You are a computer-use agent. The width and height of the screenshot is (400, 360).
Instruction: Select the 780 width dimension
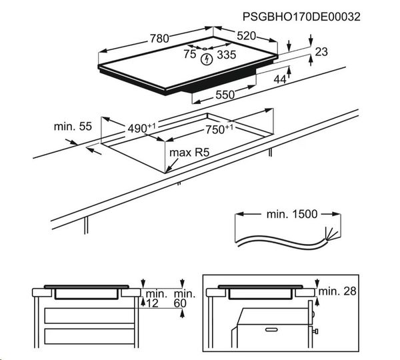(x=159, y=39)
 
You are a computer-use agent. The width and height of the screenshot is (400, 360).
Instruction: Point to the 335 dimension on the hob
(x=227, y=55)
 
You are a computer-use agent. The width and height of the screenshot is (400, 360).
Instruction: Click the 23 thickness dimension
(x=322, y=52)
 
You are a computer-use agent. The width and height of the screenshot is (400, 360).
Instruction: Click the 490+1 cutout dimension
(x=142, y=127)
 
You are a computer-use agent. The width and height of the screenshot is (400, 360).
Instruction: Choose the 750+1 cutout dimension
(x=219, y=128)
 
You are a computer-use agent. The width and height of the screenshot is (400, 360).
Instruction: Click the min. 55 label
(x=73, y=126)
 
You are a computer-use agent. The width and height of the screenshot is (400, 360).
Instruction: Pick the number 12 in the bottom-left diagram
(x=153, y=304)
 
